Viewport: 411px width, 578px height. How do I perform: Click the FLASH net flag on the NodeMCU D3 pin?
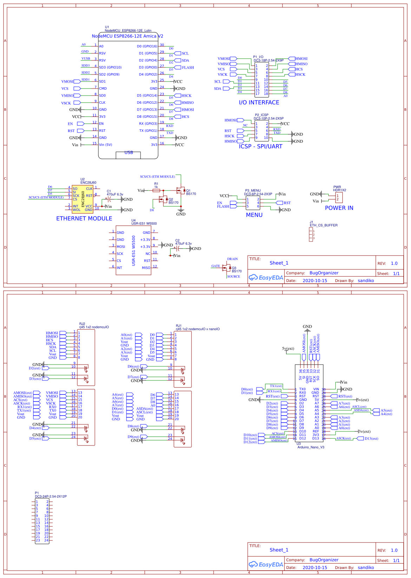click(188, 68)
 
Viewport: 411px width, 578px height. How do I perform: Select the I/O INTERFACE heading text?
click(259, 102)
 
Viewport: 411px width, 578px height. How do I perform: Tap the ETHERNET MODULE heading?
click(84, 218)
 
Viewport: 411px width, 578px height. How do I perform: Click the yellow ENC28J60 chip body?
click(83, 199)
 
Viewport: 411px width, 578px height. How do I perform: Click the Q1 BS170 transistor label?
click(191, 192)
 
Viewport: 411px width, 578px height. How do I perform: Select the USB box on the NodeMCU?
click(128, 155)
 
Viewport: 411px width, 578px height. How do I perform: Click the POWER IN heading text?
click(339, 208)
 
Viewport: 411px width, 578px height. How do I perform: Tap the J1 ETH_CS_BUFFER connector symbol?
click(311, 235)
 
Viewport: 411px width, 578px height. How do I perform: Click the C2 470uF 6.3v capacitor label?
click(183, 242)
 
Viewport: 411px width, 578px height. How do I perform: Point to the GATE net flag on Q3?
click(216, 266)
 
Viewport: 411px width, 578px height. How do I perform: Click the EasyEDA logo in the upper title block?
click(266, 277)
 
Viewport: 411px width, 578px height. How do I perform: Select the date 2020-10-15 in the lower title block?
click(315, 567)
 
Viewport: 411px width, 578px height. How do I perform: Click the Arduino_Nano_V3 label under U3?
click(311, 447)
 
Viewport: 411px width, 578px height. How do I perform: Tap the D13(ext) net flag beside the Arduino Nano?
click(371, 438)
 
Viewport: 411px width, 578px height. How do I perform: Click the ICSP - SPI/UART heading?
click(260, 146)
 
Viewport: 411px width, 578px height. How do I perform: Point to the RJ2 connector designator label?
click(82, 324)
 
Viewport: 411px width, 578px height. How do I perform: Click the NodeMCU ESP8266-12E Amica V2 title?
click(127, 36)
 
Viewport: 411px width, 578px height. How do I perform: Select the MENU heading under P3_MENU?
click(254, 215)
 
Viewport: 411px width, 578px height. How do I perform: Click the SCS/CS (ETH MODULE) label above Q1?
click(157, 176)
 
